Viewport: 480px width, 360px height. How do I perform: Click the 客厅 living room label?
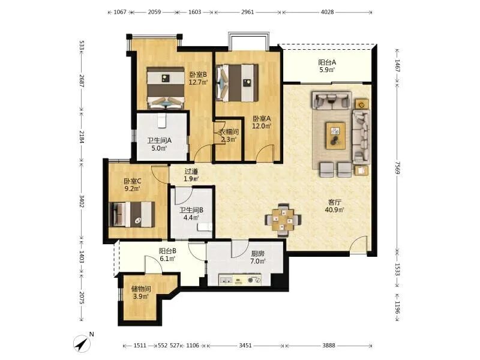pos(335,202)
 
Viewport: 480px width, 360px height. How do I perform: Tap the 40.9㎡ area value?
pos(335,209)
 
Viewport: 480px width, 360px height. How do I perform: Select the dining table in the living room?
pos(283,220)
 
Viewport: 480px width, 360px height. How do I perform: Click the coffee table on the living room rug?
pos(335,136)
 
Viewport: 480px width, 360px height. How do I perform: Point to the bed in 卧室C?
pos(132,214)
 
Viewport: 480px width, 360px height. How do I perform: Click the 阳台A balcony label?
pos(327,62)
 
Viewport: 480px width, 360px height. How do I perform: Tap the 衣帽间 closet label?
pos(229,132)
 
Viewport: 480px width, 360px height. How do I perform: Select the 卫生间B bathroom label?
pos(191,211)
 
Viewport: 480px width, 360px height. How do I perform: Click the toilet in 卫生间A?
pos(161,121)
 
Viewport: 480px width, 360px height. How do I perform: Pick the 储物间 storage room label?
pos(141,289)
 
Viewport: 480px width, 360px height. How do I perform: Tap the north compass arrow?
pos(82,343)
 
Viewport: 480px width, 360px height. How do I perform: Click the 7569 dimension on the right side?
pos(397,169)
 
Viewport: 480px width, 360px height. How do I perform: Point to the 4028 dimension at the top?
pos(326,12)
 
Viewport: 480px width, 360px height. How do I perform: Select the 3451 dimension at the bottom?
pos(245,346)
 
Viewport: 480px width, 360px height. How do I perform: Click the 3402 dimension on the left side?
pos(82,202)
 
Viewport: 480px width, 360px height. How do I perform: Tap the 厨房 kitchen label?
pos(257,254)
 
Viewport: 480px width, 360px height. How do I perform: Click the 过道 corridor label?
pos(191,172)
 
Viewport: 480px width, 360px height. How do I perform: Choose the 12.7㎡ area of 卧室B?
pos(198,82)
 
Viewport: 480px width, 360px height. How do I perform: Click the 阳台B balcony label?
pos(167,251)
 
